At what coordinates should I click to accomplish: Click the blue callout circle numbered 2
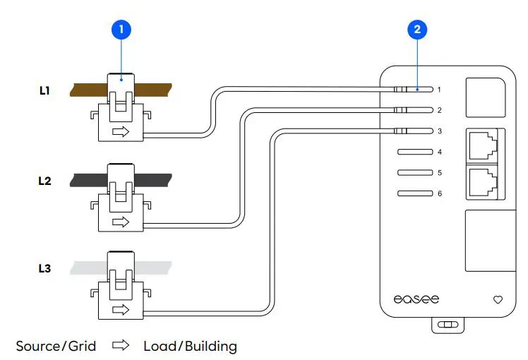[417, 30]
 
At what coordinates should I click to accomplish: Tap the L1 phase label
[44, 90]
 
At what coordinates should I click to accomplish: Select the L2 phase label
[44, 181]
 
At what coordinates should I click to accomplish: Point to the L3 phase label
[44, 269]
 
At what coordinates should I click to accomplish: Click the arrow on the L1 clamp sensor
[121, 132]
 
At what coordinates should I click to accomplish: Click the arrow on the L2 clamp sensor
[121, 222]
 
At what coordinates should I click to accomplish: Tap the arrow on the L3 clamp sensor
[121, 309]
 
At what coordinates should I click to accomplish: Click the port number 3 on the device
[439, 131]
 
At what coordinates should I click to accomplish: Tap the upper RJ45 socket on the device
[484, 145]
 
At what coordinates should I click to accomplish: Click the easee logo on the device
[416, 299]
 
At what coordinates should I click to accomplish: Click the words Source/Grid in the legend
[56, 346]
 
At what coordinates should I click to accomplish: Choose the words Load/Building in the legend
[190, 346]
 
